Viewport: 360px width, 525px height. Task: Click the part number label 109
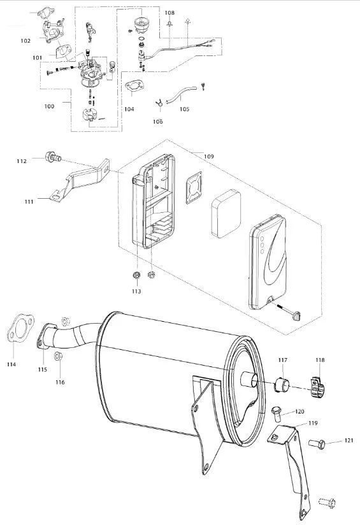pyautogui.click(x=208, y=156)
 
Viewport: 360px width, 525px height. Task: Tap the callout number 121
pyautogui.click(x=349, y=440)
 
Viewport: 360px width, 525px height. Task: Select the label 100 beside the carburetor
pyautogui.click(x=49, y=106)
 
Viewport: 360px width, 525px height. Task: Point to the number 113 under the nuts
pyautogui.click(x=136, y=291)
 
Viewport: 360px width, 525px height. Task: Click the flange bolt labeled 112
pyautogui.click(x=53, y=156)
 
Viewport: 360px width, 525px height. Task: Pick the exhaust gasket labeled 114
pyautogui.click(x=20, y=327)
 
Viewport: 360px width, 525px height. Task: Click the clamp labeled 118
pyautogui.click(x=318, y=387)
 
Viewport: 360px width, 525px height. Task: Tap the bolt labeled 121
pyautogui.click(x=317, y=444)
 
